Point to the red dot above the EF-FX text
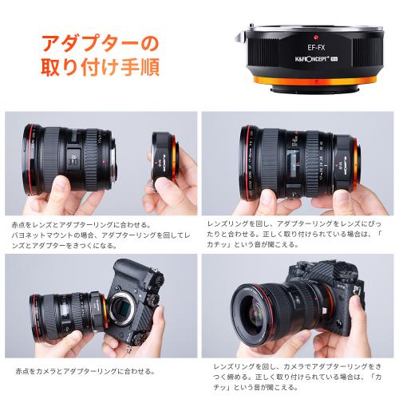tap(306, 38)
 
